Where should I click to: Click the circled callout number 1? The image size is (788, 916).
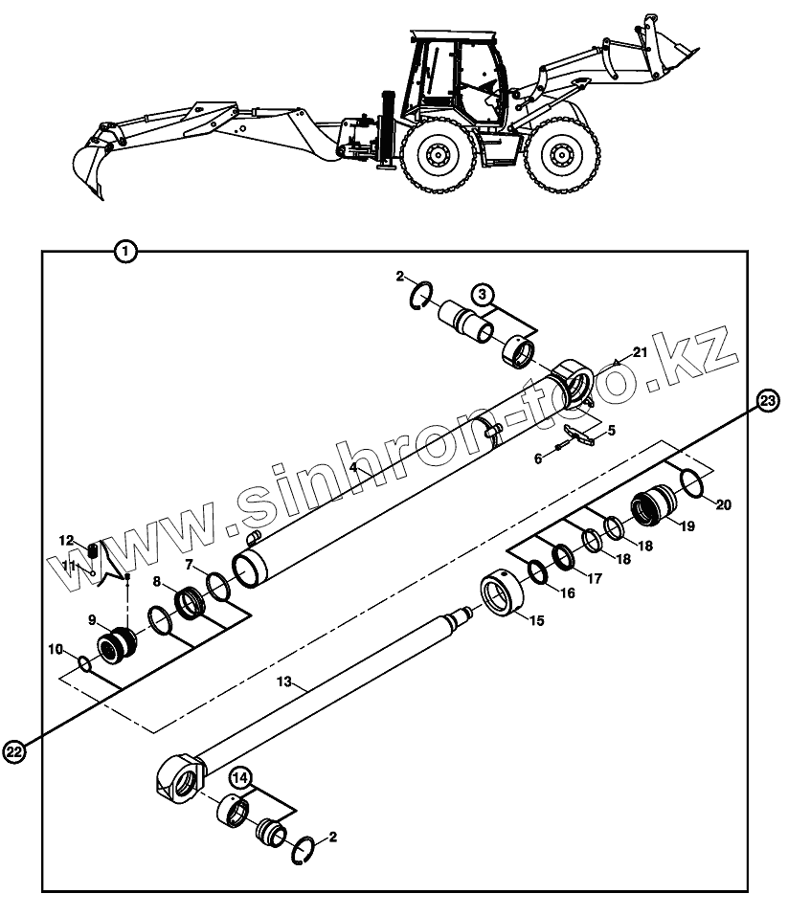[125, 253]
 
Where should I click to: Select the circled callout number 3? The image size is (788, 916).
[482, 293]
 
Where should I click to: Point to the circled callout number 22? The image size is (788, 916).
[14, 753]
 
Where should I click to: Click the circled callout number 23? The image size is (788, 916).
[767, 401]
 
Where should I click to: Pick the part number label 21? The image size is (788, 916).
[640, 353]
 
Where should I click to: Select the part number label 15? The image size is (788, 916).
[536, 621]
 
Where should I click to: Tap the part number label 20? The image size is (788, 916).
[723, 504]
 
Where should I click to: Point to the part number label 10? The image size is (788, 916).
[56, 650]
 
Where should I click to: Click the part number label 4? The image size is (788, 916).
[353, 467]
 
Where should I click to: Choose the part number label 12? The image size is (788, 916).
[66, 540]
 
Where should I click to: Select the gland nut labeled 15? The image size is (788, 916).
[504, 597]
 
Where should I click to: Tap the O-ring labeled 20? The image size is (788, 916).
[693, 484]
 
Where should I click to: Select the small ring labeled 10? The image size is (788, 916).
[84, 663]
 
